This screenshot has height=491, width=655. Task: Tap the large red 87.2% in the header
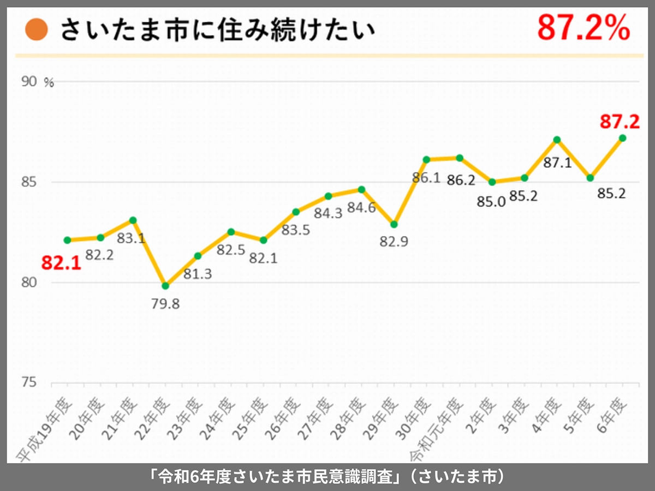tap(583, 28)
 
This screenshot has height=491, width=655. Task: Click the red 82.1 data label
tap(61, 264)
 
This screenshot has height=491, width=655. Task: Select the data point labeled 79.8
tap(165, 286)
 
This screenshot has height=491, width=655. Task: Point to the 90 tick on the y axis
tap(29, 82)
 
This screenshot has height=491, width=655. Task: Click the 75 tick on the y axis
tap(29, 383)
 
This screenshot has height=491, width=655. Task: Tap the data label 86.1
tap(426, 178)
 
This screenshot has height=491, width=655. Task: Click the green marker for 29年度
tap(394, 224)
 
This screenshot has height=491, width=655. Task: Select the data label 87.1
tap(557, 162)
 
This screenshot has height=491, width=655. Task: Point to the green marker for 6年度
tap(622, 138)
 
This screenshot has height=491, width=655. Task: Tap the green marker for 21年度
tap(133, 220)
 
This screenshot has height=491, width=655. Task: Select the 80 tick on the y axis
tap(29, 283)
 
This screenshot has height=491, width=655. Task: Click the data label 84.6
tap(360, 208)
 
